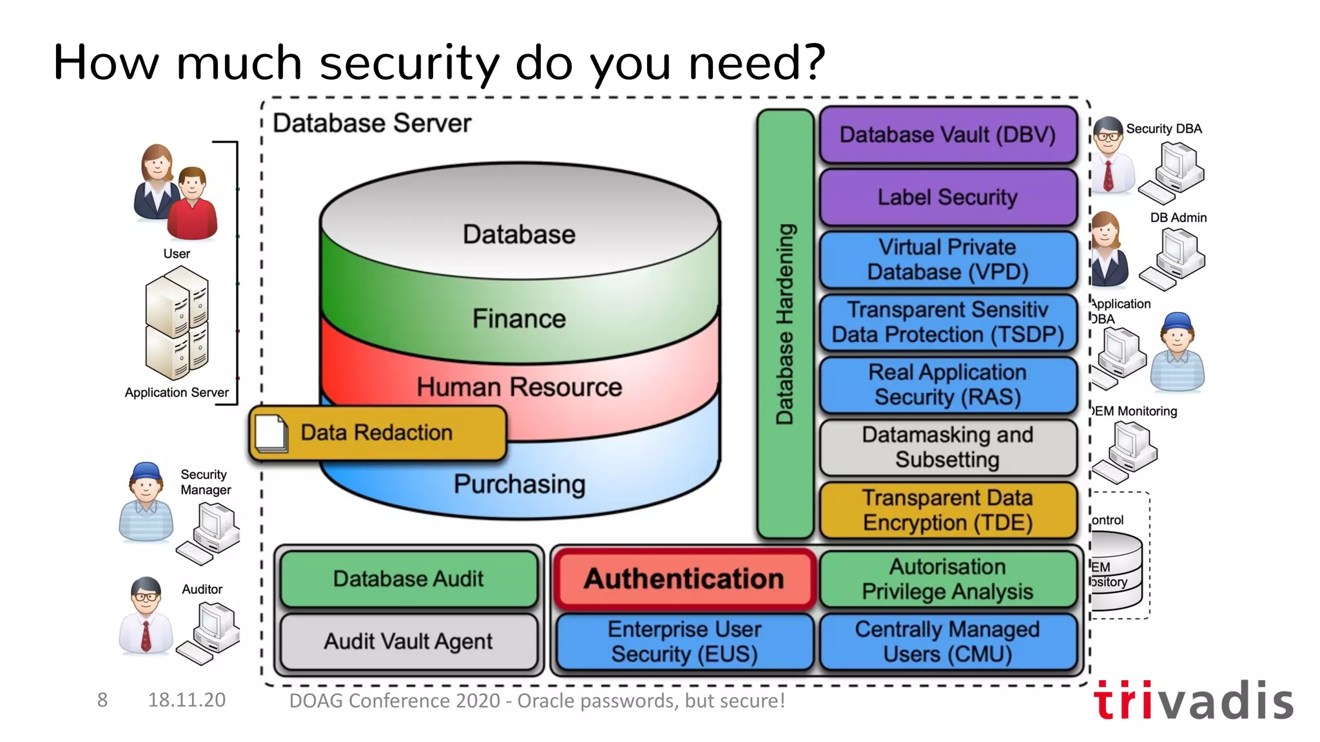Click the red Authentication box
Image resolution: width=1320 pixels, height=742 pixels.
pos(684,578)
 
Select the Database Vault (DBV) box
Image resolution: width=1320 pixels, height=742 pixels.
pos(947,135)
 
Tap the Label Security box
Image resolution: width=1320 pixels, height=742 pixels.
pos(947,197)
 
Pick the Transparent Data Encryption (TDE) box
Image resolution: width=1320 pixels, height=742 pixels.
pos(947,510)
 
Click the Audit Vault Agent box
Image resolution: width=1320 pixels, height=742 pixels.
pos(409,642)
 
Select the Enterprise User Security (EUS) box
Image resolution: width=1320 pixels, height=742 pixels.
pos(684,642)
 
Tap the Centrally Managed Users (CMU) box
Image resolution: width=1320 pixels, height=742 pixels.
pos(947,642)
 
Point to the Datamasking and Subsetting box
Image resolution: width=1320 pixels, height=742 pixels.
pos(947,447)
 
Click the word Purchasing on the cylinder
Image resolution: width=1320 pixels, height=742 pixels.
pos(519,484)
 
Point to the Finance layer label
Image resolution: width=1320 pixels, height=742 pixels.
pos(519,319)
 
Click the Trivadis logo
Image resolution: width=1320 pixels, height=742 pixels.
pos(1193,701)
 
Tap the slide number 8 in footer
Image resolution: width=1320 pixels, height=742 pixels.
pos(102,700)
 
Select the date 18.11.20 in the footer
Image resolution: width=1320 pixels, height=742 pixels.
pos(187,700)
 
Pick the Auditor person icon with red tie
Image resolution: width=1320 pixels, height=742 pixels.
pos(146,615)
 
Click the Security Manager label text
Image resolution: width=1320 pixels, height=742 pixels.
pos(205,482)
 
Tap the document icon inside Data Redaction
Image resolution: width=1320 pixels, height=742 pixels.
pos(271,433)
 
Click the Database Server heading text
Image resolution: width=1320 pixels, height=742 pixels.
pos(372,123)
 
